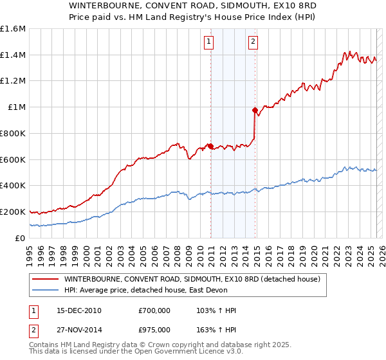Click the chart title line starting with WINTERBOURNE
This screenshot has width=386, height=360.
(x=193, y=5)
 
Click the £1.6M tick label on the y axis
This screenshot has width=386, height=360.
(x=13, y=29)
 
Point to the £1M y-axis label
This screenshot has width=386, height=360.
(x=17, y=107)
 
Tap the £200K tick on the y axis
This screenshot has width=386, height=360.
(x=13, y=212)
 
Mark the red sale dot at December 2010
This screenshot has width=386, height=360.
(x=210, y=146)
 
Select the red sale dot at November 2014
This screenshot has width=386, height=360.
(x=255, y=111)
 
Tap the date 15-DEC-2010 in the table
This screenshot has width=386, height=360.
(x=79, y=310)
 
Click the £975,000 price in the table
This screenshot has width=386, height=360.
(x=154, y=330)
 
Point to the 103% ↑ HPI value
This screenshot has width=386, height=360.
(x=216, y=310)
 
